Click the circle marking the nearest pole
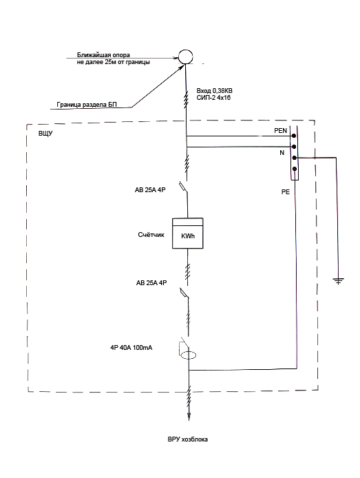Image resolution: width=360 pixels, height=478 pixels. (x=185, y=50)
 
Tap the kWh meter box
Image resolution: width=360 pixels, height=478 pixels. (x=188, y=233)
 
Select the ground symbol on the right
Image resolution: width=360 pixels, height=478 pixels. (x=338, y=281)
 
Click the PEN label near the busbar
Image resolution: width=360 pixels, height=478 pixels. (x=281, y=130)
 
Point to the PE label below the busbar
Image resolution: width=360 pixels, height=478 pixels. (x=286, y=192)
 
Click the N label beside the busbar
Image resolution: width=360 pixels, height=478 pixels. (x=282, y=152)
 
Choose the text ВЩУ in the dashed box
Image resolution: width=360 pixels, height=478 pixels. (x=45, y=134)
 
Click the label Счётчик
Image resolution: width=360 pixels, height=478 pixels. (x=151, y=235)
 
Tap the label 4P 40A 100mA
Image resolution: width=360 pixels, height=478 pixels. (x=131, y=348)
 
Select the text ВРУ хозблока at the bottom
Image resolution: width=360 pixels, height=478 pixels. (x=188, y=439)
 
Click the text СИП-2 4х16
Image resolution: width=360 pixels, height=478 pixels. (x=213, y=98)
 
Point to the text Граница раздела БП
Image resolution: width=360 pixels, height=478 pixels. (x=87, y=105)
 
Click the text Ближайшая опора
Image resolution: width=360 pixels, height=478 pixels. (x=103, y=55)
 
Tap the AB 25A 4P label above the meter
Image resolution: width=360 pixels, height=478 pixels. (x=150, y=190)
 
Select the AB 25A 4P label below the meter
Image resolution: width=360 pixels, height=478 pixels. (x=151, y=283)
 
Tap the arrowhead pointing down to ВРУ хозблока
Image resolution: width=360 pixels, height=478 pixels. (x=189, y=417)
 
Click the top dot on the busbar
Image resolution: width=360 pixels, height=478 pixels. (x=294, y=136)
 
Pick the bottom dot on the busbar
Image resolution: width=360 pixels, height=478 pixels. (x=295, y=169)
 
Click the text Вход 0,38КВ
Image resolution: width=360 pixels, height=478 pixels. (x=214, y=91)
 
